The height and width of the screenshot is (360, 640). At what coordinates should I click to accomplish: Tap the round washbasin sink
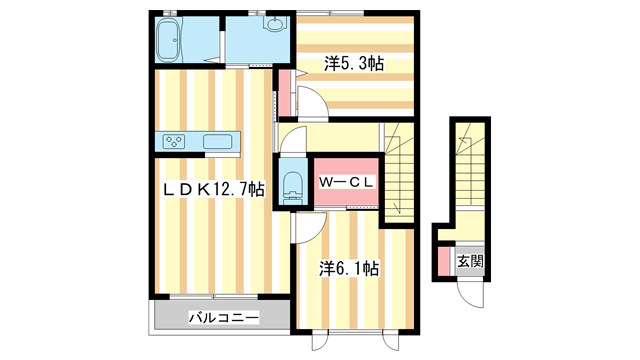tap(274, 26)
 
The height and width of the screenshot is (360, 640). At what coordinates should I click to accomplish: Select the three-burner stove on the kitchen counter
tap(175, 140)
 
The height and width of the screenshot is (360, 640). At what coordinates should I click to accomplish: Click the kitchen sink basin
tap(218, 141)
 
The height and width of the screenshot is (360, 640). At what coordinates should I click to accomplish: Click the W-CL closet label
tap(346, 182)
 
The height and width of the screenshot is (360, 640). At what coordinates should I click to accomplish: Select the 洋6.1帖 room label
tap(349, 268)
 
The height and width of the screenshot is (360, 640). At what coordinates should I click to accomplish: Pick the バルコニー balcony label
tap(224, 318)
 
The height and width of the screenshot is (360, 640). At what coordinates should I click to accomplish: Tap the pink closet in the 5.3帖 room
tap(284, 92)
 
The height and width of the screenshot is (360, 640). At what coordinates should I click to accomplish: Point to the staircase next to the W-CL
tap(399, 170)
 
